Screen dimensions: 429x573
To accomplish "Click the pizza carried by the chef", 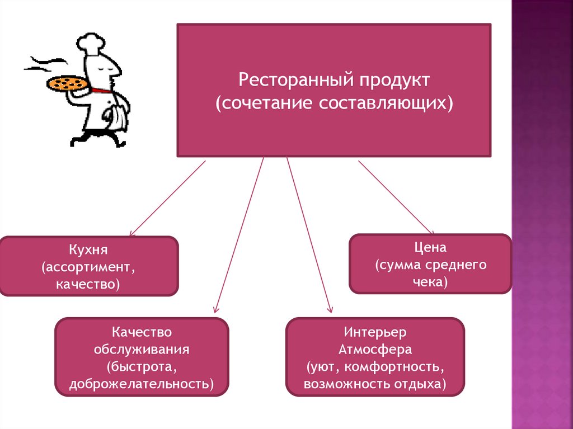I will pos(67,84).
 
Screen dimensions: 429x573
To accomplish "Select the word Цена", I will pos(430,247).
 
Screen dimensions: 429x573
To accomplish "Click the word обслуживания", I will pos(142,350).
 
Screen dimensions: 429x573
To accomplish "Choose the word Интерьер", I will pos(375,332).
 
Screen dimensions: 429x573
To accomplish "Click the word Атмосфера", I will pos(375,350).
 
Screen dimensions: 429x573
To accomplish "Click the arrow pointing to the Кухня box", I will pos(167,198).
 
